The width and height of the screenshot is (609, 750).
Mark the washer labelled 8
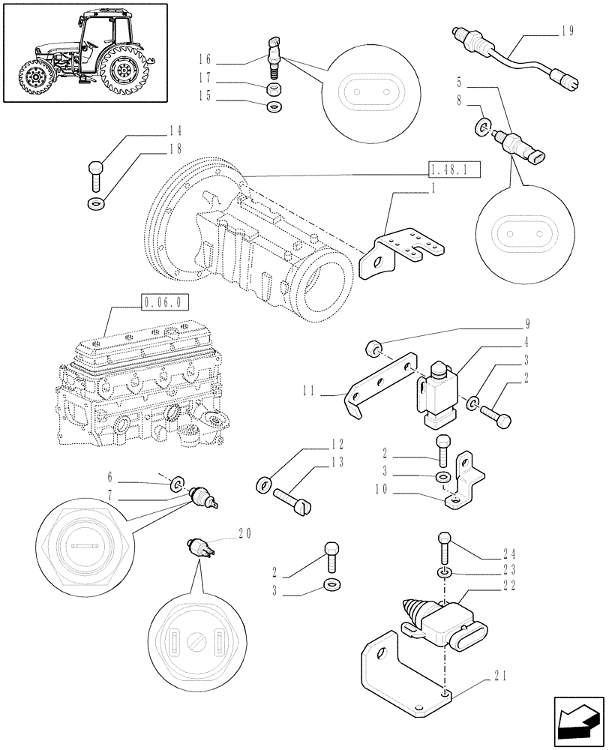point(483,124)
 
